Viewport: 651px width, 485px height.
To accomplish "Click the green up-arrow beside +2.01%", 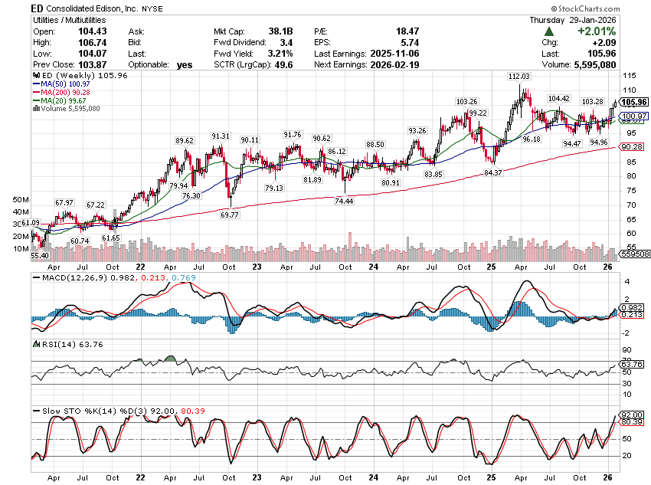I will (x=549, y=31).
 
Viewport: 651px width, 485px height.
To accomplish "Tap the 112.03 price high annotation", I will (x=519, y=77).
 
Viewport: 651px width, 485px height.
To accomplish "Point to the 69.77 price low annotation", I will (x=230, y=215).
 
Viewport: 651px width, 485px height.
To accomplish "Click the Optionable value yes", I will (x=185, y=65).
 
